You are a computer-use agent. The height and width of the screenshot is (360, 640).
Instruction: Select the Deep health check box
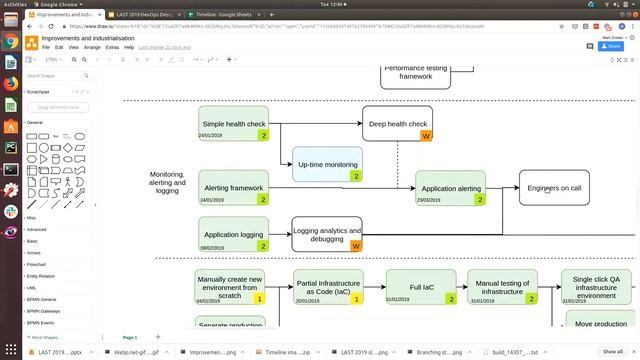pyautogui.click(x=397, y=123)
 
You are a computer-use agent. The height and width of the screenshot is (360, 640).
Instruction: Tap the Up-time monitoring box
pyautogui.click(x=327, y=164)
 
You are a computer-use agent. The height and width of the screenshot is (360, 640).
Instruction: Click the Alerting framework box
pyautogui.click(x=233, y=187)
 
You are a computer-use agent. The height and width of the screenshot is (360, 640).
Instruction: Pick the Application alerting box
pyautogui.click(x=450, y=187)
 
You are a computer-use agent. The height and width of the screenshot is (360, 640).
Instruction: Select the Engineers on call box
pyautogui.click(x=554, y=187)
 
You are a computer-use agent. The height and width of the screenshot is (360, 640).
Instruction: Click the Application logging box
pyautogui.click(x=233, y=234)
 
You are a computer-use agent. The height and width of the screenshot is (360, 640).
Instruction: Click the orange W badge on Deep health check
pyautogui.click(x=426, y=135)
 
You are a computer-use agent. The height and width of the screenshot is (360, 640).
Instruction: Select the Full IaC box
pyautogui.click(x=421, y=287)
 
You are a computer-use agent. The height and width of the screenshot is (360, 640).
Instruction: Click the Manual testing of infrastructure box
pyautogui.click(x=501, y=287)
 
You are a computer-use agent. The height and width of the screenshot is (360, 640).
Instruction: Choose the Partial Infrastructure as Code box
pyautogui.click(x=327, y=287)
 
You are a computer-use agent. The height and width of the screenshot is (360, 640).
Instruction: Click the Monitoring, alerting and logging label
pyautogui.click(x=167, y=182)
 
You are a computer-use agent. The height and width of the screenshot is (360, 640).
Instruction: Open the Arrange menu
pyautogui.click(x=94, y=47)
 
